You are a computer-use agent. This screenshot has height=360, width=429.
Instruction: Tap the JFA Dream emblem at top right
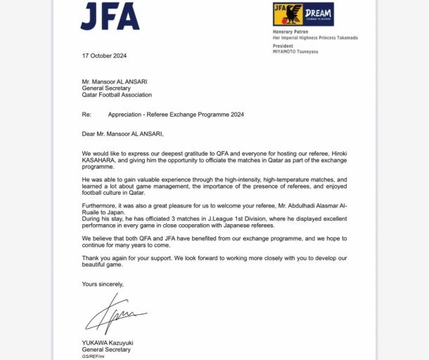[302, 14]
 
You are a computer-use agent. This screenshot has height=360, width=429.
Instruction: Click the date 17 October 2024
[104, 56]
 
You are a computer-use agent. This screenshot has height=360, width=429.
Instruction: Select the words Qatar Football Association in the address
[117, 95]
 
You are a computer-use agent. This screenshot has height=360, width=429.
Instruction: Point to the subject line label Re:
[87, 114]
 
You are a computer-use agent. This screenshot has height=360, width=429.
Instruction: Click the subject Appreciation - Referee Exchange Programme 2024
[176, 114]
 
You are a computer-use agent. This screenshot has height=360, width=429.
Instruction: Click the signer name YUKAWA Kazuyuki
[108, 343]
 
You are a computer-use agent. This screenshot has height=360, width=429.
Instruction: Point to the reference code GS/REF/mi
[93, 356]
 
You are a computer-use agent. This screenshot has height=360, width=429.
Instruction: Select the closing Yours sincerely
[103, 284]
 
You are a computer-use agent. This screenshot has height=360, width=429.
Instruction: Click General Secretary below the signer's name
[106, 349]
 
